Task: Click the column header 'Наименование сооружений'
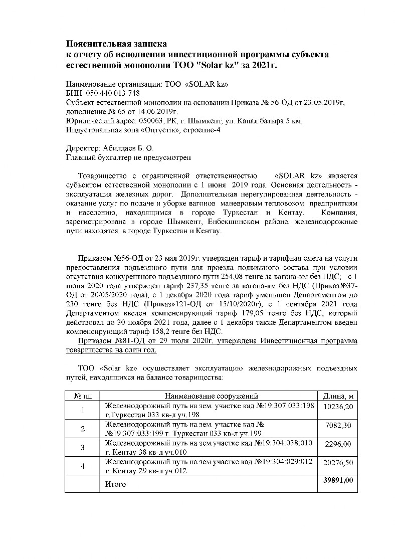(211, 396)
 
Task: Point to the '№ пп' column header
(83, 396)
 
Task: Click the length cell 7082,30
(339, 425)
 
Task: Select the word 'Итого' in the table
(116, 485)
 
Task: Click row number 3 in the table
(83, 448)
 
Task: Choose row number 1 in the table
(83, 410)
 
